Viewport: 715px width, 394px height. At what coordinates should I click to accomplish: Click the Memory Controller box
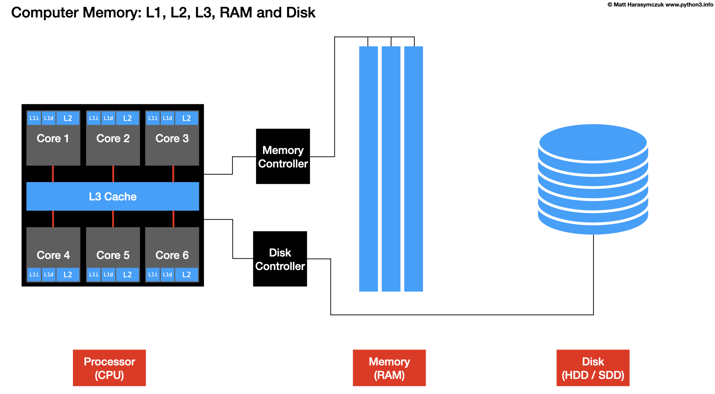click(x=283, y=157)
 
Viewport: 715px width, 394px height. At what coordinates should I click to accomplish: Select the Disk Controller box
click(x=280, y=259)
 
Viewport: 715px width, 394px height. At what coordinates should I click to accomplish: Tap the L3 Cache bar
click(x=113, y=196)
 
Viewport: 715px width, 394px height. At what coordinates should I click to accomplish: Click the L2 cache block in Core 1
click(x=68, y=118)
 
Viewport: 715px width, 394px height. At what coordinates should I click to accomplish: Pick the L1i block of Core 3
click(x=153, y=118)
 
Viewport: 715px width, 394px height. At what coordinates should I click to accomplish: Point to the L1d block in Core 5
click(x=108, y=274)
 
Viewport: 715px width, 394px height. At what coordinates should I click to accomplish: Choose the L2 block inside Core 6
click(x=186, y=274)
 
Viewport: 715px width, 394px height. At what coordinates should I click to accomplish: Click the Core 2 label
click(x=113, y=139)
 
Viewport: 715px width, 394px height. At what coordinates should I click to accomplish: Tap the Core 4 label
click(x=53, y=255)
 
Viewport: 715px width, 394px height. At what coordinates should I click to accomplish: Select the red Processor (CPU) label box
click(x=109, y=368)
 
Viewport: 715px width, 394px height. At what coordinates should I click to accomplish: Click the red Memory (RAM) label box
click(x=389, y=368)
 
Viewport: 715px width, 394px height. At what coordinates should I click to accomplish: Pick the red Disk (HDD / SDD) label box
click(x=593, y=368)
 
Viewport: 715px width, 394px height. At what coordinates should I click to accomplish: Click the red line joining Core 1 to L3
click(x=53, y=174)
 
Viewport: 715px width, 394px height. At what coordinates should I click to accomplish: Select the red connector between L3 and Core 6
click(x=173, y=219)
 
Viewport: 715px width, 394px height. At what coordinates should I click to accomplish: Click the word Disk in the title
click(x=301, y=13)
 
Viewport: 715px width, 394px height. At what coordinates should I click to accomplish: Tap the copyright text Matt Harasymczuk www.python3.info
click(x=660, y=5)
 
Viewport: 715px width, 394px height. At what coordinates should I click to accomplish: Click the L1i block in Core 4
click(x=34, y=274)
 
